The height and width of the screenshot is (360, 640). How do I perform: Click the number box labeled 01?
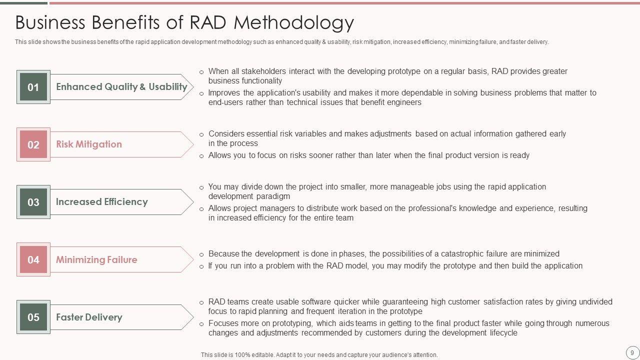pos(33,87)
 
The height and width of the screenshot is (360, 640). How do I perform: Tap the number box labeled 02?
pos(33,144)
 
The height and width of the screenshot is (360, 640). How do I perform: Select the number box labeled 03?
pos(33,202)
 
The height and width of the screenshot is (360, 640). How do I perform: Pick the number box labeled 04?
pos(33,259)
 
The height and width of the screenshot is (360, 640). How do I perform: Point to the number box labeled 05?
pos(33,317)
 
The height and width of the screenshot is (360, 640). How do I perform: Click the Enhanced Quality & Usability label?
pos(121,86)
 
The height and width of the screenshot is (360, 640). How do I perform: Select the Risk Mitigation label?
pos(89,144)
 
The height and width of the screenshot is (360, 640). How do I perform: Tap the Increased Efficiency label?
pos(102,201)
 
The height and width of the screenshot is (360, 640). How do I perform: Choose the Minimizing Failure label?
pos(96,259)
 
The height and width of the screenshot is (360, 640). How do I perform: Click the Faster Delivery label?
pos(89,317)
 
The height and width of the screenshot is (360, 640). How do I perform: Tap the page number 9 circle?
pos(632,352)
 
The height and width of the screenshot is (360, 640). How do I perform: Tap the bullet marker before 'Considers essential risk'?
pos(201,134)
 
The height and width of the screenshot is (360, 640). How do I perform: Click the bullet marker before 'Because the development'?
pos(201,254)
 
